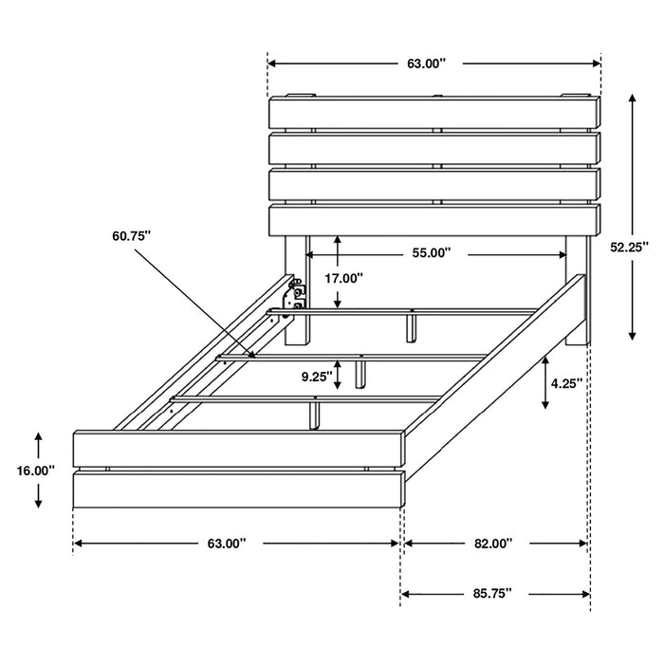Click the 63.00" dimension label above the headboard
click(426, 64)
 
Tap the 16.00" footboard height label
click(36, 470)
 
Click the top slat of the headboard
click(434, 112)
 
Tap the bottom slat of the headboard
click(434, 220)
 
